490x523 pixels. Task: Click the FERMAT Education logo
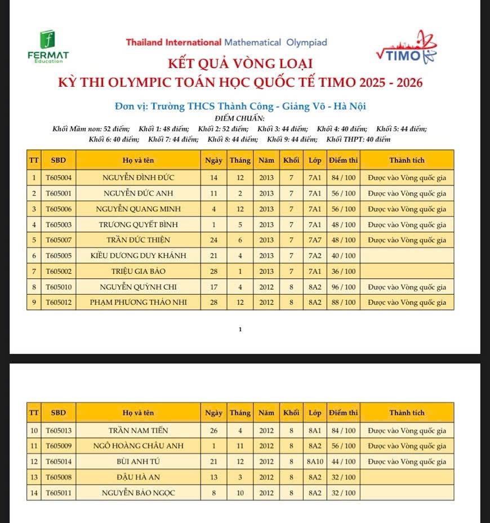coord(48,46)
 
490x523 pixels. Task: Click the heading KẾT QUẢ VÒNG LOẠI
coord(240,64)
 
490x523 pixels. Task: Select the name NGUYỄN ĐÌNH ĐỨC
coord(139,178)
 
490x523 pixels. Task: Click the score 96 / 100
coord(343,287)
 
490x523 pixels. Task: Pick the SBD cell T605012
coord(59,302)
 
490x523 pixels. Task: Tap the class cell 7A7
coord(315,240)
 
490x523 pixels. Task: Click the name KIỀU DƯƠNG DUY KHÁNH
coord(139,255)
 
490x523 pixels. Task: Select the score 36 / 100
coord(343,271)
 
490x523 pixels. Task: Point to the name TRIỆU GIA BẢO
coord(139,271)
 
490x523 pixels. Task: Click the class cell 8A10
coord(315,462)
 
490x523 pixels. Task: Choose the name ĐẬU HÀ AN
coord(139,477)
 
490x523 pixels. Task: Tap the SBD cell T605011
coord(59,493)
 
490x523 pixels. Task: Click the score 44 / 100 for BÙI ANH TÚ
coord(343,462)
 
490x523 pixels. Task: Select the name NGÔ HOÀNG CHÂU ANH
coord(139,446)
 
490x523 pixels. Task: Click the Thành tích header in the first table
coord(407,160)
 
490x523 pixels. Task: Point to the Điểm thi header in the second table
coord(343,413)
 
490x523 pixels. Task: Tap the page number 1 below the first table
coord(240,329)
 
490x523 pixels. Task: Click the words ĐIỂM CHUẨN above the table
coord(240,118)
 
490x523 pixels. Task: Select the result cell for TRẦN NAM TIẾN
coord(407,431)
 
